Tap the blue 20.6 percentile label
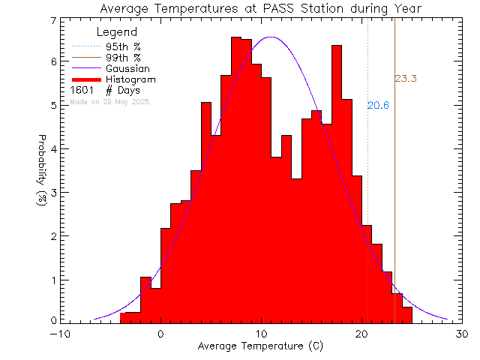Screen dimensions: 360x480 pyautogui.click(x=377, y=106)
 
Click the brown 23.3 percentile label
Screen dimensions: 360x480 pyautogui.click(x=405, y=78)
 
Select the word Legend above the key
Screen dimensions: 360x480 pyautogui.click(x=117, y=32)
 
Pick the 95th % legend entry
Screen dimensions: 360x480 pyautogui.click(x=123, y=46)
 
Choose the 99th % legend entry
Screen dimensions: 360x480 pyautogui.click(x=123, y=58)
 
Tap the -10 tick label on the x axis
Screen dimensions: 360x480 pyautogui.click(x=60, y=334)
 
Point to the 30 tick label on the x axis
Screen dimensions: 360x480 pyautogui.click(x=463, y=334)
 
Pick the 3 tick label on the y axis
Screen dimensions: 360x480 pyautogui.click(x=53, y=193)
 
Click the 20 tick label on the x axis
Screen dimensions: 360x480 pyautogui.click(x=362, y=334)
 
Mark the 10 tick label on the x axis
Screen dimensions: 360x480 pyautogui.click(x=261, y=334)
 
